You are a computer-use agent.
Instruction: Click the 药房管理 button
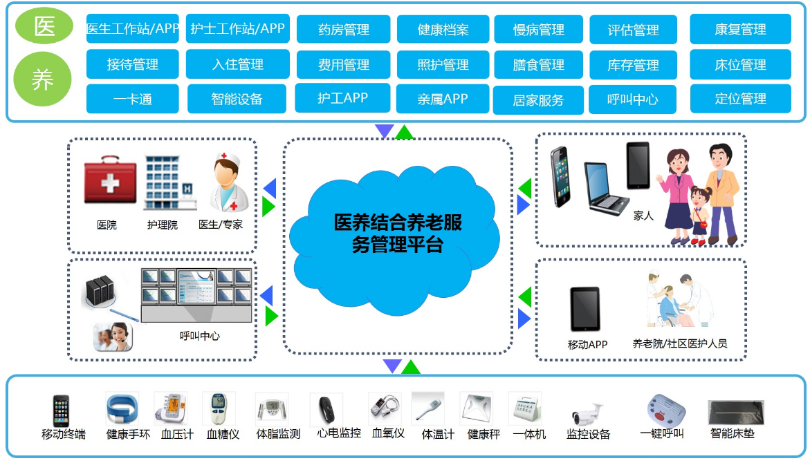click(343, 29)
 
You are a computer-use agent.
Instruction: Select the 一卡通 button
click(132, 99)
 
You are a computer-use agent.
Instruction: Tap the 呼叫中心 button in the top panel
click(632, 99)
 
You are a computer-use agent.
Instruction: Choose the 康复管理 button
click(740, 29)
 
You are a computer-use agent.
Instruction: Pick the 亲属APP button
click(442, 99)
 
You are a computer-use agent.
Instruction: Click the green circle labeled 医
click(44, 26)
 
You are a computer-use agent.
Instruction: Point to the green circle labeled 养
click(42, 79)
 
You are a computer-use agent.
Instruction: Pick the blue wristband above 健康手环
click(122, 408)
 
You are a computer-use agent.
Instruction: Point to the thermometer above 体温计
click(427, 408)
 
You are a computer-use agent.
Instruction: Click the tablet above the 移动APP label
click(585, 309)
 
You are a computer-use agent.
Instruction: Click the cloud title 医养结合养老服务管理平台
click(398, 233)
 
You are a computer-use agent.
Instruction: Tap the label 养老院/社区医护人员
click(680, 343)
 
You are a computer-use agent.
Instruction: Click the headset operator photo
click(113, 337)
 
